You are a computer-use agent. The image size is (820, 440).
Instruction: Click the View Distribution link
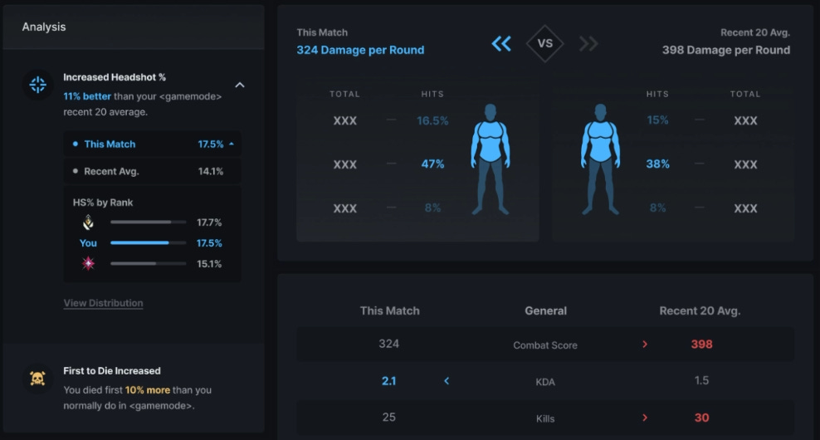(x=103, y=303)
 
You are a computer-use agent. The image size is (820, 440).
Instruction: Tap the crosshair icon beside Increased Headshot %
(x=37, y=84)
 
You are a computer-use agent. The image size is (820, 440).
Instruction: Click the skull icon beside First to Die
(x=37, y=379)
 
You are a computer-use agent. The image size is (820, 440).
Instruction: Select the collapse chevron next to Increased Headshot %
(x=239, y=85)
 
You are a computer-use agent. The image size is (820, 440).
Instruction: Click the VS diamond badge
(x=545, y=43)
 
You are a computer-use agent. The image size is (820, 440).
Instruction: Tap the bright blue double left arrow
(x=501, y=43)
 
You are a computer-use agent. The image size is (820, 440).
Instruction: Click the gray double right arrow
(x=588, y=43)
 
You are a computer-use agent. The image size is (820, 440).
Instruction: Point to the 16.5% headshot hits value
(x=432, y=120)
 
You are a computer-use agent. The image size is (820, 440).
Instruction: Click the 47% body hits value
(x=432, y=164)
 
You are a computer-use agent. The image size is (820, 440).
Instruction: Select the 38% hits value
(x=657, y=164)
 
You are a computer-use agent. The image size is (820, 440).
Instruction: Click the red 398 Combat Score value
(x=701, y=345)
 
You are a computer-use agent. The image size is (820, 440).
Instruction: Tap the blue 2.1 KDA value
(x=389, y=381)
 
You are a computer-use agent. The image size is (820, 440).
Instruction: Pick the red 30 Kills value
(x=701, y=418)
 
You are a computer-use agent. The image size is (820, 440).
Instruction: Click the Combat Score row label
(x=545, y=345)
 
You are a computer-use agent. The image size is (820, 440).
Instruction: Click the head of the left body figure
(x=491, y=111)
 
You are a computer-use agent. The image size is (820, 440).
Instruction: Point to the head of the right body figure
(x=600, y=111)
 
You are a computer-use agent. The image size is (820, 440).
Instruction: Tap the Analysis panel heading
(x=44, y=27)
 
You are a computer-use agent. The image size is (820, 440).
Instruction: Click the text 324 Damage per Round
(x=360, y=50)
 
